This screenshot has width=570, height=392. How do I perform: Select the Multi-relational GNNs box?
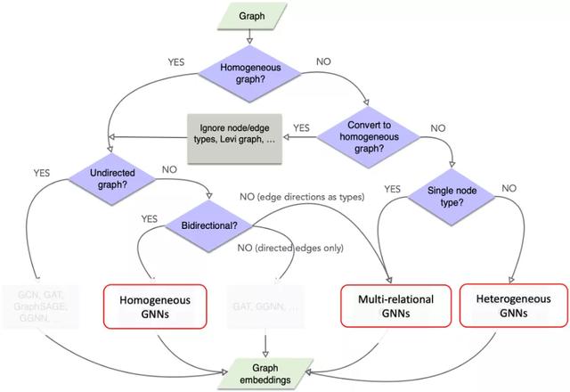(x=390, y=306)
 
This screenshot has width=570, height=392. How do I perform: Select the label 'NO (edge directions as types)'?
(x=300, y=195)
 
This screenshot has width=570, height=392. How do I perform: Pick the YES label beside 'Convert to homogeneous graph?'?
(x=301, y=127)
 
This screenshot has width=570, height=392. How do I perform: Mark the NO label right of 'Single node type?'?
(x=509, y=188)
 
